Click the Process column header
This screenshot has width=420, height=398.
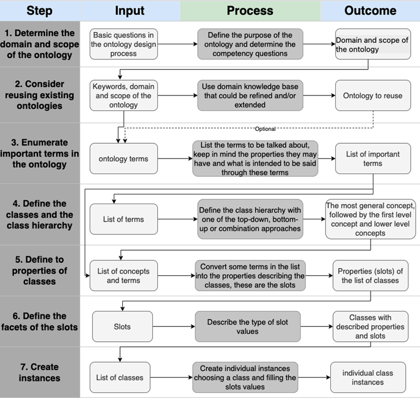250,10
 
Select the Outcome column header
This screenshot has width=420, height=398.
370,10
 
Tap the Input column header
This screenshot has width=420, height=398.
130,10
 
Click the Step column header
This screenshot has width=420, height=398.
39,10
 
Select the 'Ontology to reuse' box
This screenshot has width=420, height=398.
372,96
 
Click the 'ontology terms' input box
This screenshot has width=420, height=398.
123,159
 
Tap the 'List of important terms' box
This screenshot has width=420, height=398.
372,159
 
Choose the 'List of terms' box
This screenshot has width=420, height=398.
123,219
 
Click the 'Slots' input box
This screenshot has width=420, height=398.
122,326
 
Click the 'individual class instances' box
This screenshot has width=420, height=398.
368,378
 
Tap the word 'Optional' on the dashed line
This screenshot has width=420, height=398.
265,129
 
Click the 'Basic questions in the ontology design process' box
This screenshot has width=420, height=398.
123,44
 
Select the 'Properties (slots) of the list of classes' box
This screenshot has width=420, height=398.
370,276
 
